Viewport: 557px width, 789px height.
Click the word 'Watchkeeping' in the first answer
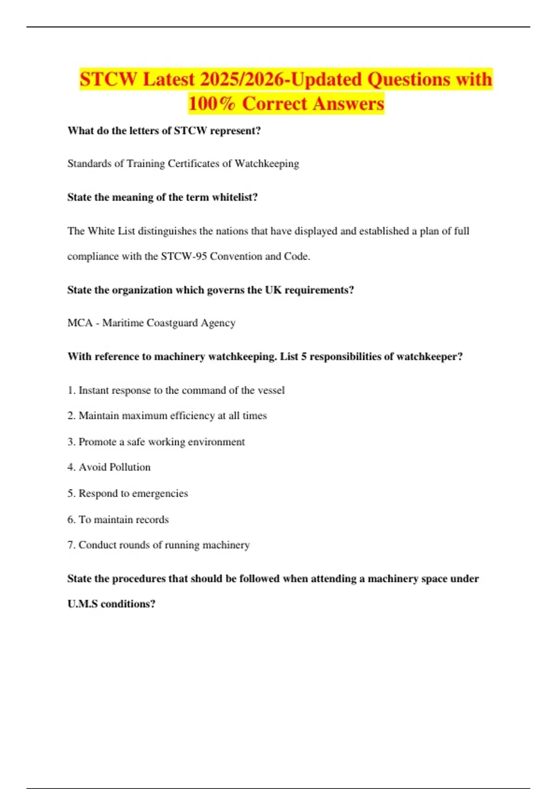[x=267, y=164]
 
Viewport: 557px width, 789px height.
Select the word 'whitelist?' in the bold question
[x=234, y=197]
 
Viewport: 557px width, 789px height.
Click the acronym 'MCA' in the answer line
[x=80, y=323]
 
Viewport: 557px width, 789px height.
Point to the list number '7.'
[x=71, y=545]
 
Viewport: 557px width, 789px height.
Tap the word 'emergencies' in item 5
[x=160, y=493]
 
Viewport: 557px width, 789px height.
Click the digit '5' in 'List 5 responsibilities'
[x=303, y=357]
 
